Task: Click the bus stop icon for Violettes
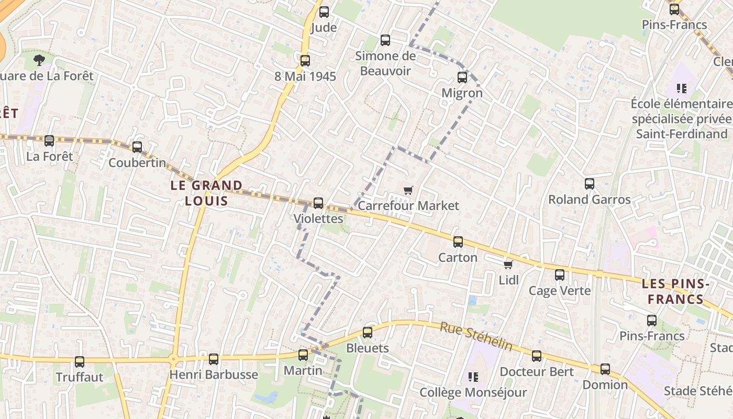tap(318, 203)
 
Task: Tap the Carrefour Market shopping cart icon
tap(408, 191)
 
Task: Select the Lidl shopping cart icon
tap(508, 264)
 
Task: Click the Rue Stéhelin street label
tap(476, 336)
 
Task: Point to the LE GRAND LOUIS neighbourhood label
tap(206, 193)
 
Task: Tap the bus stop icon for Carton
tap(458, 242)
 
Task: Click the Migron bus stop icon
tap(462, 78)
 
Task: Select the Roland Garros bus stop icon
tap(590, 184)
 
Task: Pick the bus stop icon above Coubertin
tap(137, 147)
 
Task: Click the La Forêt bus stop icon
tap(49, 140)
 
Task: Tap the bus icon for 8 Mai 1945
tap(305, 61)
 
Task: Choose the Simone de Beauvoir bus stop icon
tap(385, 40)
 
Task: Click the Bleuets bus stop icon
tap(368, 333)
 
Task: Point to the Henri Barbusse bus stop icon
tap(214, 359)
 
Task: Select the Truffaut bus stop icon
tap(80, 361)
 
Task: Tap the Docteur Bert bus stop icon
tap(537, 356)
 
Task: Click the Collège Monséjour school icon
tap(473, 377)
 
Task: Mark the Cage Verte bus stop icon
tap(560, 275)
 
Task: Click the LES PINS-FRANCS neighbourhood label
tap(675, 292)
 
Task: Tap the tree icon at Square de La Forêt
tap(39, 60)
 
